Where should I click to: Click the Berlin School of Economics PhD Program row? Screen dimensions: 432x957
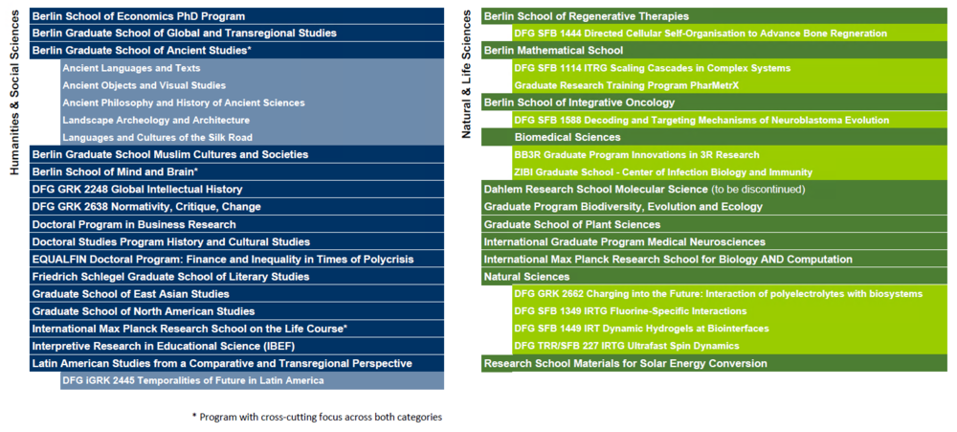139,16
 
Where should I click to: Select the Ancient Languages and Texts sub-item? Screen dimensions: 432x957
131,68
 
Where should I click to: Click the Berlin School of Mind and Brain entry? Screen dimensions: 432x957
115,171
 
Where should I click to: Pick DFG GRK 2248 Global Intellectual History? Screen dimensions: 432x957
137,189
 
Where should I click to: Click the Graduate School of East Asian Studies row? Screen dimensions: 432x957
130,293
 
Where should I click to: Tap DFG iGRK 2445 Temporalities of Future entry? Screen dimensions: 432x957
192,380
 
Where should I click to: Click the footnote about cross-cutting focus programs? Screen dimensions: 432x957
317,417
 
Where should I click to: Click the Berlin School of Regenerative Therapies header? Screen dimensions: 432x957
586,16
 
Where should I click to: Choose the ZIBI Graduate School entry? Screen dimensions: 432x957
663,171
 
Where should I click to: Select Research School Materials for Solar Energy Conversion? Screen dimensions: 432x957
625,363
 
